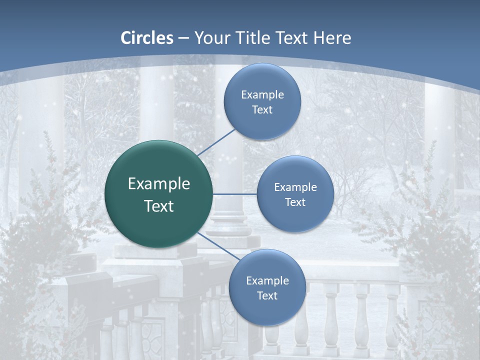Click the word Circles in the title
[x=146, y=38]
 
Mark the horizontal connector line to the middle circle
[x=235, y=194]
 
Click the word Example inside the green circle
[x=159, y=183]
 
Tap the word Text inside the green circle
[x=159, y=206]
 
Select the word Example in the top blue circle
[x=262, y=94]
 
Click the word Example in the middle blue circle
[x=295, y=187]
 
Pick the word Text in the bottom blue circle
[x=267, y=295]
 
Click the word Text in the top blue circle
[x=262, y=109]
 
